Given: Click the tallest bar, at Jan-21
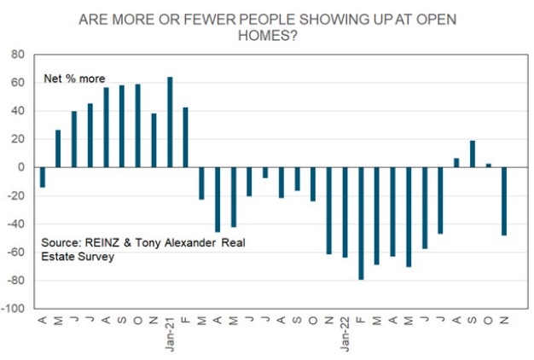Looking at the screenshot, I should click(x=170, y=122).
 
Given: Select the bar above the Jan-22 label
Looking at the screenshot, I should click(x=345, y=212).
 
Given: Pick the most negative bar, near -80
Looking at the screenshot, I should click(x=362, y=224).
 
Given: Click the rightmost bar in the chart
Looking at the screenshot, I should click(x=505, y=201).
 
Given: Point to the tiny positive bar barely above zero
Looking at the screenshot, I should click(x=489, y=165).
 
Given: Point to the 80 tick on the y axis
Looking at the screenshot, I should click(x=18, y=55).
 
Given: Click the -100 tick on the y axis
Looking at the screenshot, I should click(x=15, y=308).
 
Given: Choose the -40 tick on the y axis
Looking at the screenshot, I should click(x=16, y=224).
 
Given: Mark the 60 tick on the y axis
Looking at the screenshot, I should click(x=18, y=83).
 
